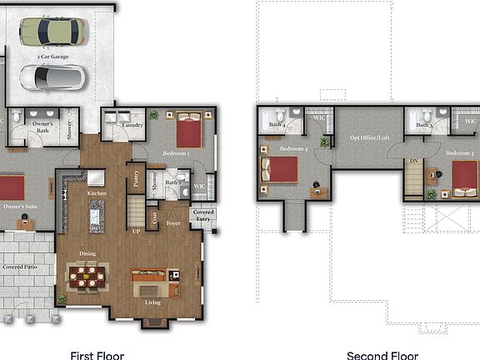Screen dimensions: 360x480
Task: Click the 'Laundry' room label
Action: (132, 125)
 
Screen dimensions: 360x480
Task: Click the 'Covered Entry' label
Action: (203, 215)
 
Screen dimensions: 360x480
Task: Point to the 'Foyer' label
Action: (173, 223)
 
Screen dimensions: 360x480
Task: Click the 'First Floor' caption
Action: (97, 356)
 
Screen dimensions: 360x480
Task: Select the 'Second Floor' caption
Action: (381, 356)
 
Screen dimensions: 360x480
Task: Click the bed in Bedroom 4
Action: (281, 169)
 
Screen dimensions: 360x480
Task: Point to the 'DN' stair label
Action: (412, 162)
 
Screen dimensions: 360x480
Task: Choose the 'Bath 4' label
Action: (277, 125)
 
